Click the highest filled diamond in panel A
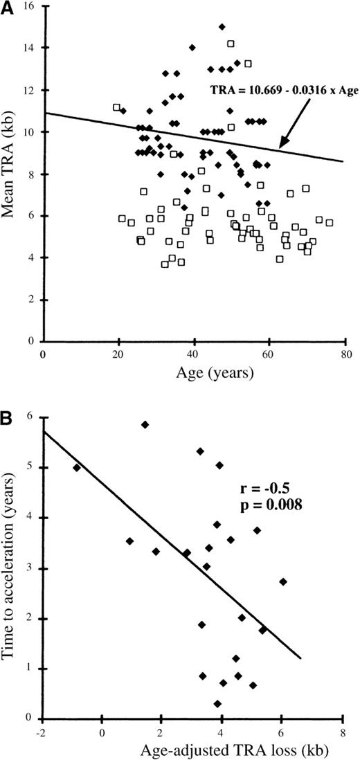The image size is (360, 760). pos(222,27)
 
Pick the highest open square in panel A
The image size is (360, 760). pos(231,44)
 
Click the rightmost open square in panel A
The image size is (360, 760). pos(330,223)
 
